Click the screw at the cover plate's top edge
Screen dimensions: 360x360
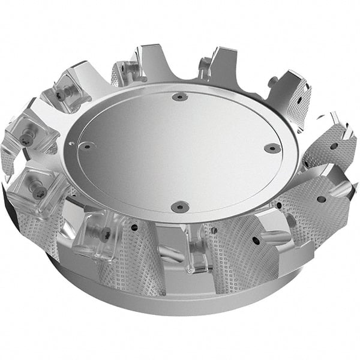pyautogui.click(x=179, y=97)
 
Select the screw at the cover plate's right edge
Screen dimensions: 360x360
pyautogui.click(x=272, y=148)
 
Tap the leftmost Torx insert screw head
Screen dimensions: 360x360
pyautogui.click(x=27, y=139)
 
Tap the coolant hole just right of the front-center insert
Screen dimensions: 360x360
pyautogui.click(x=214, y=229)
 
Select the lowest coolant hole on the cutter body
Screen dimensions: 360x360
pyautogui.click(x=256, y=241)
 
